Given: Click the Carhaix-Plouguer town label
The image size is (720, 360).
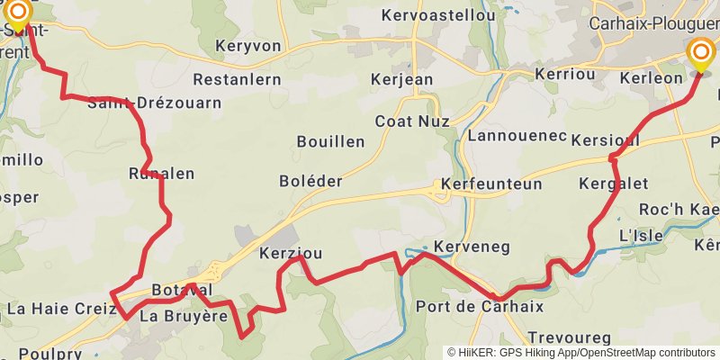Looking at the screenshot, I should (x=653, y=24).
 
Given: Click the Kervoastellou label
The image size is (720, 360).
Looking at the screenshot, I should (x=438, y=15).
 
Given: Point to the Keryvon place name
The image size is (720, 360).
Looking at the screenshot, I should (x=248, y=46).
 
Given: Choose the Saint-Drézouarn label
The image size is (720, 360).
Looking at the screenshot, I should (x=154, y=103).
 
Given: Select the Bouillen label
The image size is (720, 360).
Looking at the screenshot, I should (x=331, y=141).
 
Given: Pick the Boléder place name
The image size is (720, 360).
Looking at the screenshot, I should (x=311, y=181).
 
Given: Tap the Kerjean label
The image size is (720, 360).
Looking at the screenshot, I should (x=401, y=79).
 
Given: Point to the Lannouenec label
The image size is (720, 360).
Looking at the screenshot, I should (x=517, y=136).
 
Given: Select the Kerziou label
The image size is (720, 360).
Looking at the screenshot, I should (x=291, y=253).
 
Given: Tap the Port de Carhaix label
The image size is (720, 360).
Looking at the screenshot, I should (x=480, y=306).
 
